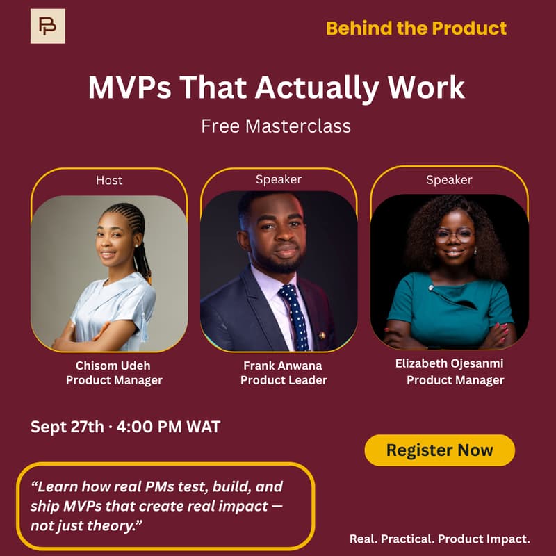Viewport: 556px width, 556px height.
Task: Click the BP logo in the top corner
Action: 47,26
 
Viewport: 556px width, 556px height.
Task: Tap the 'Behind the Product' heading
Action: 416,28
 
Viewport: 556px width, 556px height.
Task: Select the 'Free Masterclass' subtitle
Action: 276,126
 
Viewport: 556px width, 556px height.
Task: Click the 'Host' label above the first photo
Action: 109,180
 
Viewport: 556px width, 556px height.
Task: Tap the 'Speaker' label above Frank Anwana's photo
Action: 279,179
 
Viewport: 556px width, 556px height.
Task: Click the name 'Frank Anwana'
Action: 284,365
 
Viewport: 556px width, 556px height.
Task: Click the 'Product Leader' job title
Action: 284,380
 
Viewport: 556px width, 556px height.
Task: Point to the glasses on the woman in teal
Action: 455,235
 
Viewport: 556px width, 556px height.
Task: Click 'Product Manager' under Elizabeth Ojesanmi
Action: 455,380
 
